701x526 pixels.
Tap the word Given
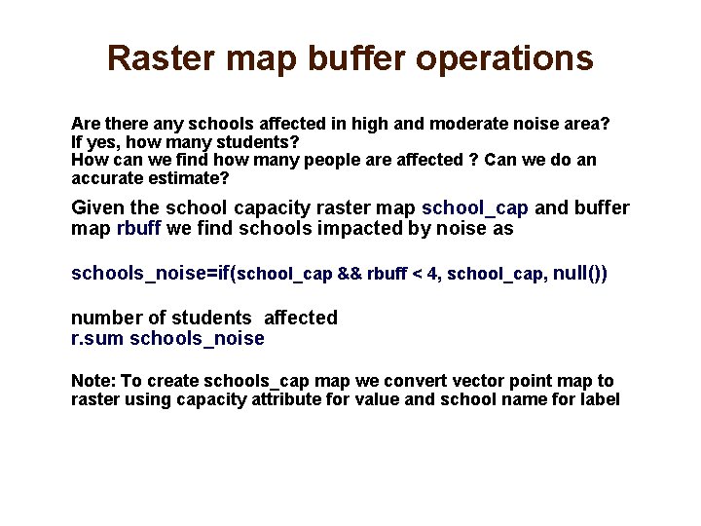(x=97, y=208)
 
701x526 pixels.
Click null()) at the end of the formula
(x=579, y=274)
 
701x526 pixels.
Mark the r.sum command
(x=97, y=339)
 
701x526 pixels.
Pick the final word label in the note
(x=599, y=399)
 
